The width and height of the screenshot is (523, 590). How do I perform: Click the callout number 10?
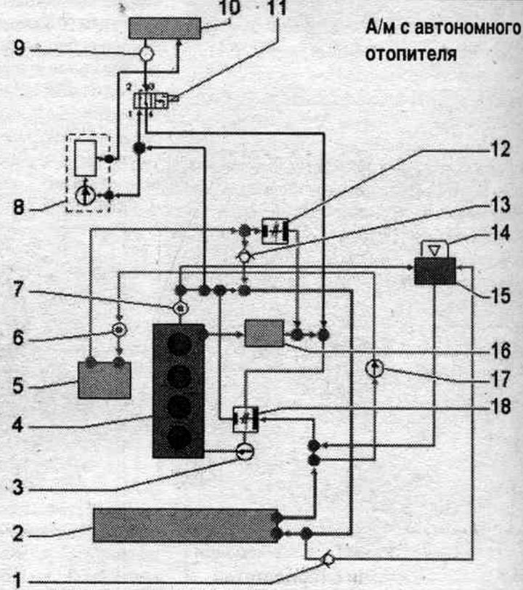(229, 8)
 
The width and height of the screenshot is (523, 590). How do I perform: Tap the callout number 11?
(277, 8)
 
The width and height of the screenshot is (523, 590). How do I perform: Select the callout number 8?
(19, 207)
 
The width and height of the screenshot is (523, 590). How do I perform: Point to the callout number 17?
(501, 379)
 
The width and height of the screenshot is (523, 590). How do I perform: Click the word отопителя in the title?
(411, 54)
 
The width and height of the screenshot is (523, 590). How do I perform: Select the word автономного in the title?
(468, 28)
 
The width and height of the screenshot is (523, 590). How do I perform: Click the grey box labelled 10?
(164, 28)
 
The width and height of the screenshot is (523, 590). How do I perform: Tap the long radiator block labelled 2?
(185, 525)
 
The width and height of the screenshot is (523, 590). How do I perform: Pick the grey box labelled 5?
(104, 380)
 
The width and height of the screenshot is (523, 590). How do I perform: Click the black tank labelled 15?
(435, 271)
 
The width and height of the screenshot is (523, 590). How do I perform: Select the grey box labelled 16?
(264, 333)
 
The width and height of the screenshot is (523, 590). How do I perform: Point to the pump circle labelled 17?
(375, 368)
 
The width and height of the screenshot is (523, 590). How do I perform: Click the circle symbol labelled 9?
(146, 54)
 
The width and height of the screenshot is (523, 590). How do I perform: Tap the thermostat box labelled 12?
(275, 231)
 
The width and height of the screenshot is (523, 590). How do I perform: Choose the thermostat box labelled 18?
(246, 419)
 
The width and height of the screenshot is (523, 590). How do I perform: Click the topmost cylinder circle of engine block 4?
(179, 344)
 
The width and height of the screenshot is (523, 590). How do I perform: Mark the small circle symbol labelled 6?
(120, 330)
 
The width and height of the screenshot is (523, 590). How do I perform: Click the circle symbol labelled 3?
(245, 451)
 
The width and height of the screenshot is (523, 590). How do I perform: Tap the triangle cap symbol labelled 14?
(434, 249)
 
